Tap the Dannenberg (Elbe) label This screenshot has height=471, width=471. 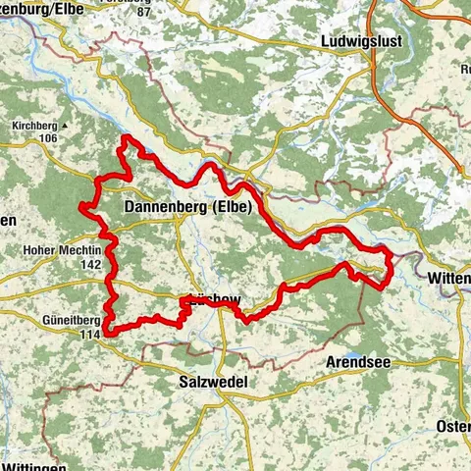coord(188,207)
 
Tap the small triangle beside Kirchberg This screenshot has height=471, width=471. coord(66,127)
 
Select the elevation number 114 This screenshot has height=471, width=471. coord(92,334)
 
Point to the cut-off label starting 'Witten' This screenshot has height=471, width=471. coord(449,279)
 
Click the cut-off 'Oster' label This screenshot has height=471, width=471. coord(452,427)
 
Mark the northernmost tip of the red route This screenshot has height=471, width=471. coord(125,141)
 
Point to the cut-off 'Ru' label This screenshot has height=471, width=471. coord(464,70)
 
